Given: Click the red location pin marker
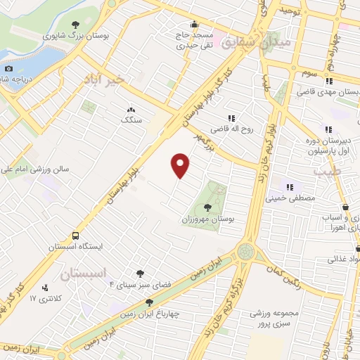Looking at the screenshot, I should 181,165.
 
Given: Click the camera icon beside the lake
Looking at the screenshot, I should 8,68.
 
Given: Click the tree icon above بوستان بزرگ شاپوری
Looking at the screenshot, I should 75,25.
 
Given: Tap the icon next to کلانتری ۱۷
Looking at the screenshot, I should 46,287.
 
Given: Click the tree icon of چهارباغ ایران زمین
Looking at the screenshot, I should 148,302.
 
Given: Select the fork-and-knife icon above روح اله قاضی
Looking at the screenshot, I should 231,119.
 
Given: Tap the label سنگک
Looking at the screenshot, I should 131,120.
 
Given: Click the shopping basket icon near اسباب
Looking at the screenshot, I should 347,207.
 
